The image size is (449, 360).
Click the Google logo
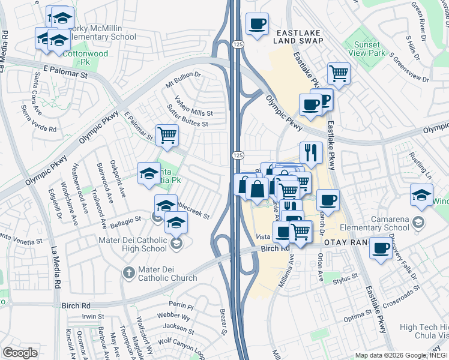20,353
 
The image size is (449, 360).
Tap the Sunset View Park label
367,49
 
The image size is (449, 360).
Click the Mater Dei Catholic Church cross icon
128,273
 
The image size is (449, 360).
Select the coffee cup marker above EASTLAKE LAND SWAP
258,23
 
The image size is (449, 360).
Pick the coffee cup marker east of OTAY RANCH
380,248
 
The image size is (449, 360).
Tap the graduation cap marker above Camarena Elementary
422,194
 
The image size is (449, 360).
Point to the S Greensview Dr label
409,68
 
